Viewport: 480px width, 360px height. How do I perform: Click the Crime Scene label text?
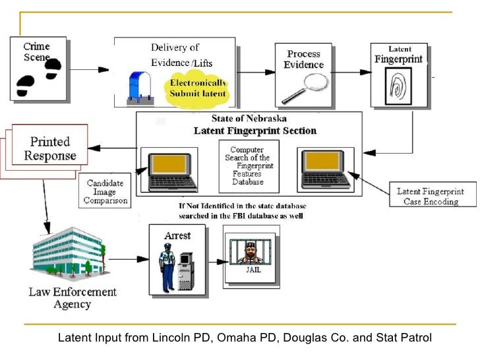[36, 51]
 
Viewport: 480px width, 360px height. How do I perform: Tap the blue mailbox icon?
[140, 86]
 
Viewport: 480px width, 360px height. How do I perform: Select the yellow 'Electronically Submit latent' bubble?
[198, 88]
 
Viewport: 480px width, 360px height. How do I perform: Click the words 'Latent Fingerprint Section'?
[255, 131]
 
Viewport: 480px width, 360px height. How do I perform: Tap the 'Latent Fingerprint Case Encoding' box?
[431, 196]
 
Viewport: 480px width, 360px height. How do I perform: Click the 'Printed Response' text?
[50, 148]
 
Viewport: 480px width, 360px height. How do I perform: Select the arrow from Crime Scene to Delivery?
[89, 68]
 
